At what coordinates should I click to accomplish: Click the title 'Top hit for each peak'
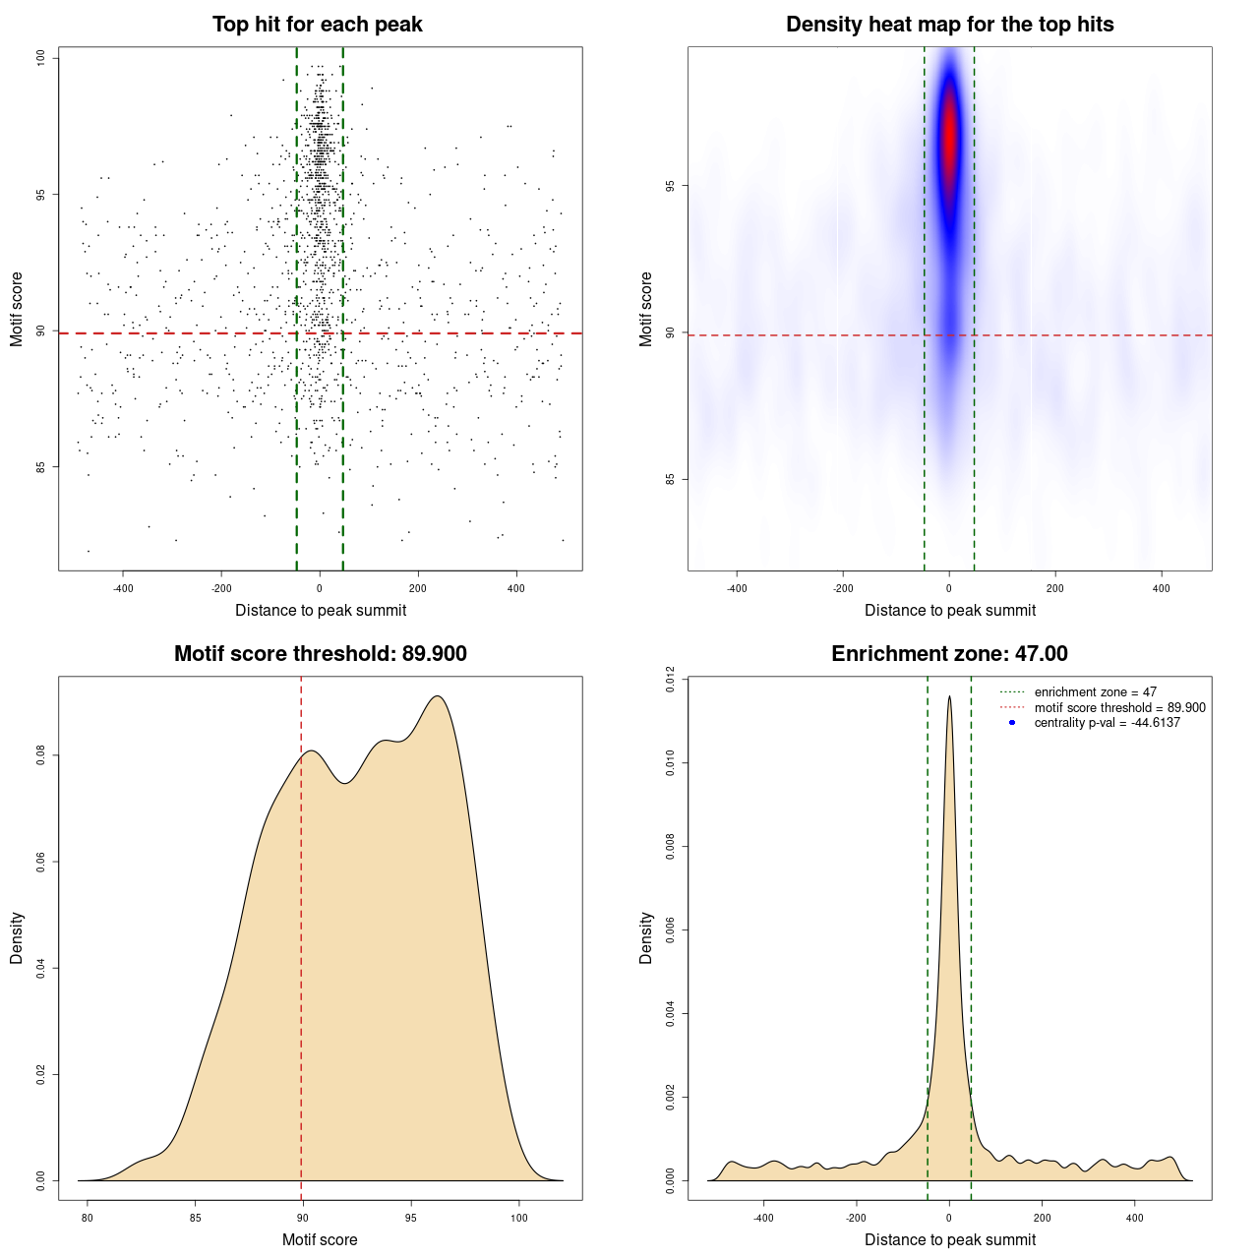317,25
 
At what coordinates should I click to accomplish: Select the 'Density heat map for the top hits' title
949,25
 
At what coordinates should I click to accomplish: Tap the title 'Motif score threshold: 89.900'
320,654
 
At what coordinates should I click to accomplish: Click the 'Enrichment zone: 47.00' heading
949,654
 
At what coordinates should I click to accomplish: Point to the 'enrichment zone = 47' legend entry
1095,692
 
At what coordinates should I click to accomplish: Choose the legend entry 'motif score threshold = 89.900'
1119,708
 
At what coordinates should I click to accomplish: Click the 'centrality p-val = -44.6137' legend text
1107,723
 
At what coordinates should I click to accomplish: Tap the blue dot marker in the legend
1012,723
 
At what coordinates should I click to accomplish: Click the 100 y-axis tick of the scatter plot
41,58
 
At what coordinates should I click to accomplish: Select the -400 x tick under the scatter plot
123,589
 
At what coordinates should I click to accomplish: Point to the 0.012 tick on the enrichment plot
671,679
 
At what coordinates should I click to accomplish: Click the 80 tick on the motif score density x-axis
88,1218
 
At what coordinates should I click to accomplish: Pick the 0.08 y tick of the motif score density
41,755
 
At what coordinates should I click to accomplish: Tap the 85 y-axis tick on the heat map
671,479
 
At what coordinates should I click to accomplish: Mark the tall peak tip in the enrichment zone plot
949,696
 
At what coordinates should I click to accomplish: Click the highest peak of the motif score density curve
438,696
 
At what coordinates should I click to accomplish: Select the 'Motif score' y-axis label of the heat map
645,309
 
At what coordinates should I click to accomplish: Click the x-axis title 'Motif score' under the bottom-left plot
320,1239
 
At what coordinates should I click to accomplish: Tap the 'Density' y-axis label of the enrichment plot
645,937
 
